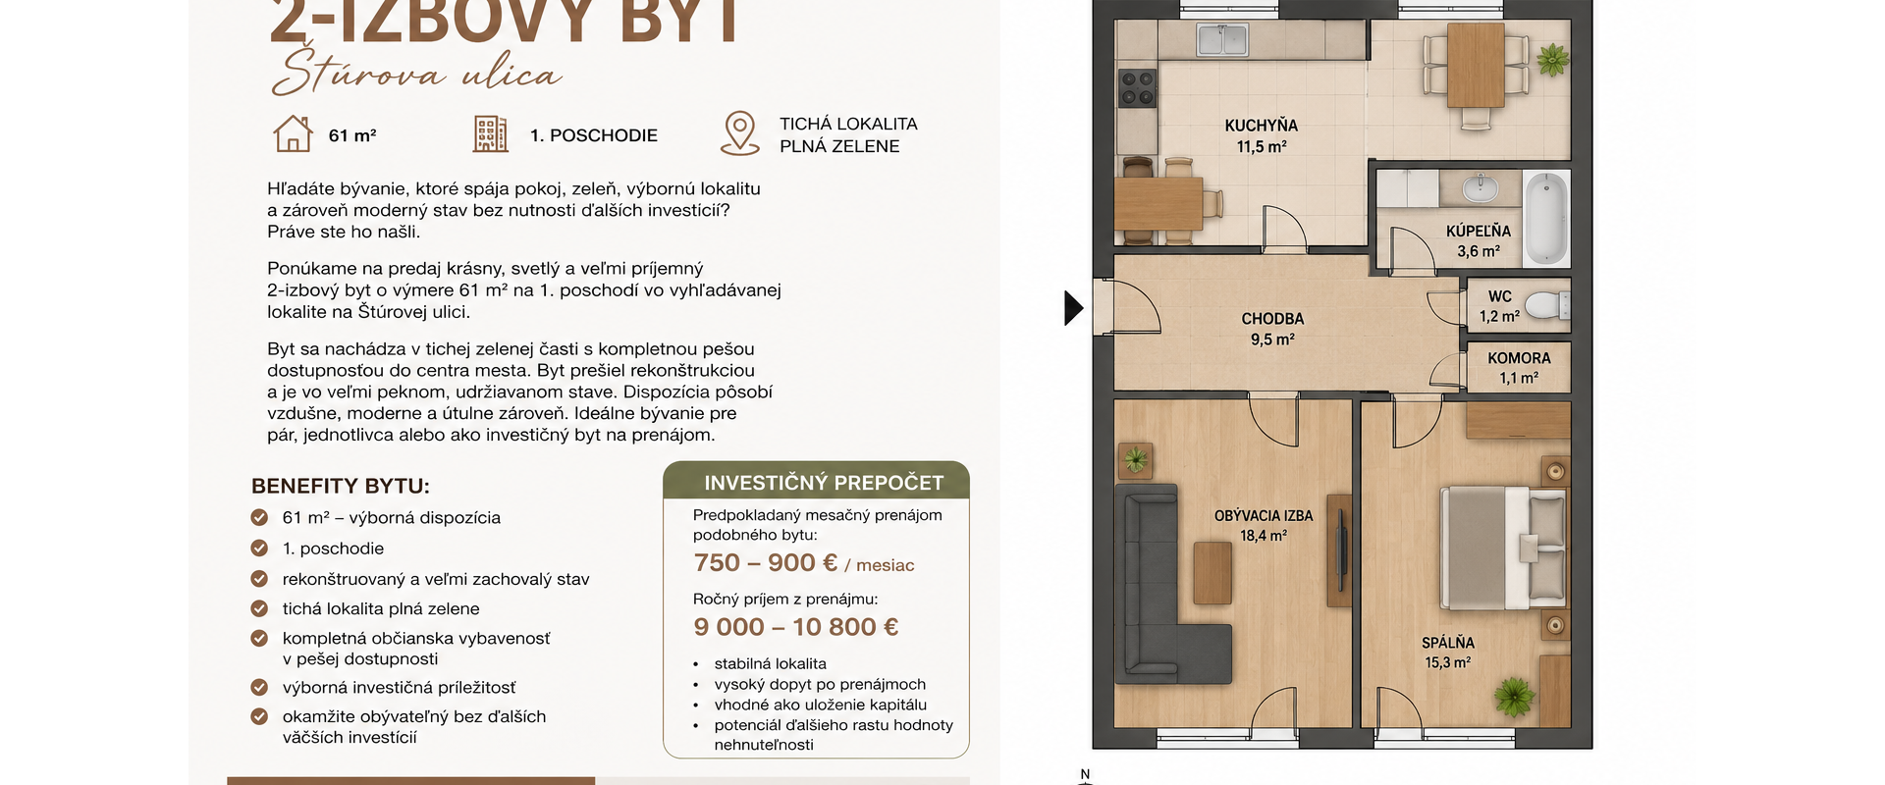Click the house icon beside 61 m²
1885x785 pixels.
[293, 133]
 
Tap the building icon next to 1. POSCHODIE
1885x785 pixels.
[491, 133]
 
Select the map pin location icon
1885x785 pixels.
[739, 133]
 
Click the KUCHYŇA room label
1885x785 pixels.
[1262, 126]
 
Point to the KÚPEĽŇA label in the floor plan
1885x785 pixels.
[1479, 232]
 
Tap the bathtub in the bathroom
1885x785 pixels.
[1547, 219]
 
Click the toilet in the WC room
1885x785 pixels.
[1547, 305]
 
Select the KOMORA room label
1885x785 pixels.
[1519, 359]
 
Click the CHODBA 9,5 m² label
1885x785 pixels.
[1272, 329]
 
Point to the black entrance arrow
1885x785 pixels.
[1074, 308]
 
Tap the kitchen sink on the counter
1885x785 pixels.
[1221, 40]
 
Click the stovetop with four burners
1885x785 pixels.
[1137, 88]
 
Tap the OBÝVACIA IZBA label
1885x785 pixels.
[1264, 516]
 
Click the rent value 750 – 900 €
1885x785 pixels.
[766, 563]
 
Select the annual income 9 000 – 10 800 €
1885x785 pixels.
[796, 627]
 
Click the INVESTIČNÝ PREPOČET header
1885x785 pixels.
[824, 483]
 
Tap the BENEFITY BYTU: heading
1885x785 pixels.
[341, 487]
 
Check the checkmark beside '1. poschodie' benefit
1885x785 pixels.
[259, 548]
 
